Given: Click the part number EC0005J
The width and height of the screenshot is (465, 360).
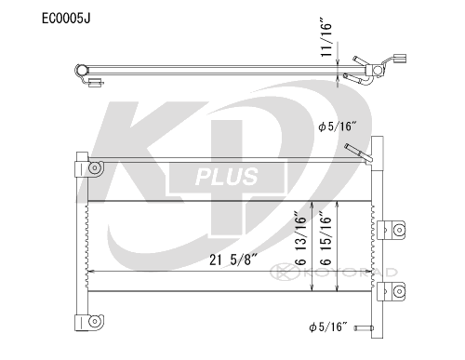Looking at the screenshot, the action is pyautogui.click(x=66, y=19).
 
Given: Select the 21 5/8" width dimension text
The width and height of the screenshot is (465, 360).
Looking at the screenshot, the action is pyautogui.click(x=233, y=260).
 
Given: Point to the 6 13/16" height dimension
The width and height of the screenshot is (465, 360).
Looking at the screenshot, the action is pyautogui.click(x=300, y=238).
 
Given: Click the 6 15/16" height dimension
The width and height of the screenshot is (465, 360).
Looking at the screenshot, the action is pyautogui.click(x=325, y=238).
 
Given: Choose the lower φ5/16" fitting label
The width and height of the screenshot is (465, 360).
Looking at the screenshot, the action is pyautogui.click(x=327, y=327).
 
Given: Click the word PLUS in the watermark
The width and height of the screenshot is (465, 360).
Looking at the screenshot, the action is pyautogui.click(x=227, y=177).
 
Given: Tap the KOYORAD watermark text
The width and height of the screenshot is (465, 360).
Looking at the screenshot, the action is pyautogui.click(x=349, y=273).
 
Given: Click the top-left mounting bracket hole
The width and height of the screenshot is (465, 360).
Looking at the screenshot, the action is pyautogui.click(x=95, y=168).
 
